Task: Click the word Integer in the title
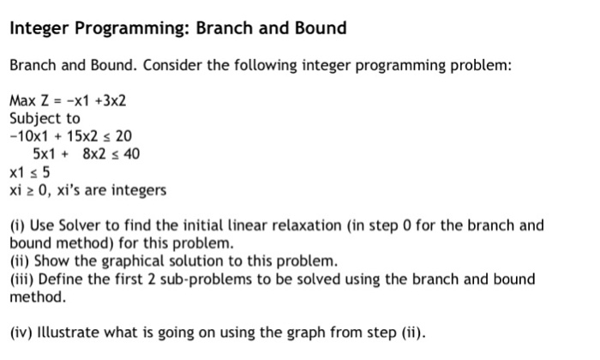tap(39, 29)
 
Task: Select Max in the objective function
tap(22, 100)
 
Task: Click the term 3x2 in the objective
tap(114, 100)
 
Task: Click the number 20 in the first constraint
tap(123, 136)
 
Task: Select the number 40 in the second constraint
tap(131, 153)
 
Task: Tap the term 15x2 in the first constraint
tap(82, 136)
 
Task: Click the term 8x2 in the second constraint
tap(94, 153)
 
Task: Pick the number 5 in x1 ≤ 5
tap(46, 172)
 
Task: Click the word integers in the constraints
tap(139, 190)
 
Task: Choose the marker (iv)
tap(21, 333)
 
